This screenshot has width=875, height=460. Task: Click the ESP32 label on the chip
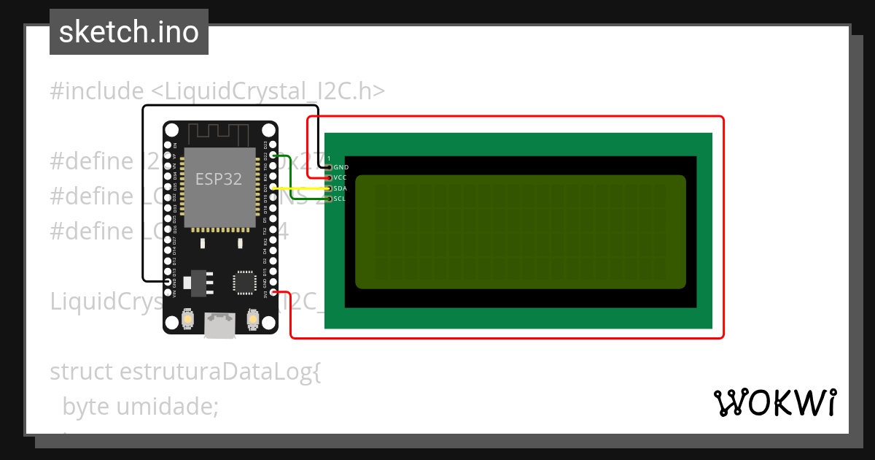tap(218, 179)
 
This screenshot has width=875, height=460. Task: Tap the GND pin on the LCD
tap(329, 167)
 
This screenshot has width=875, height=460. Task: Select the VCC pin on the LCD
tap(329, 177)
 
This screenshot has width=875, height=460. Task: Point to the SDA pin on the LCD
tap(329, 188)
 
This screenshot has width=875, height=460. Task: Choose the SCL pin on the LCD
tap(329, 199)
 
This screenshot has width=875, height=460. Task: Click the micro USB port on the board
tap(219, 326)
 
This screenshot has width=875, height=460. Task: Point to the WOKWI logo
tap(774, 402)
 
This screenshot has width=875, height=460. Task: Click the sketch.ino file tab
tap(129, 32)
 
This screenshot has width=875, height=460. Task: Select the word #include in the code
tap(97, 91)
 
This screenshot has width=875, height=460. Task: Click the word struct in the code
tap(81, 372)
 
